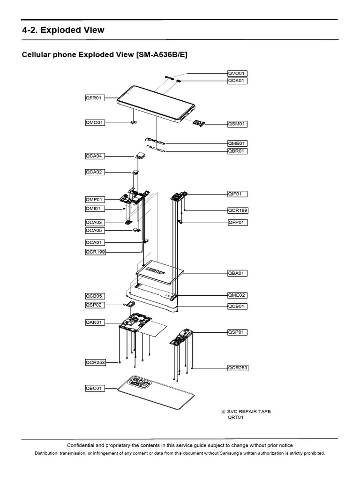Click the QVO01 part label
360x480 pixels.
pyautogui.click(x=237, y=73)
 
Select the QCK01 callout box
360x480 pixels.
pyautogui.click(x=237, y=81)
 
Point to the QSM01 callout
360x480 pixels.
pyautogui.click(x=237, y=124)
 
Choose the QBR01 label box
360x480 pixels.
pyautogui.click(x=237, y=151)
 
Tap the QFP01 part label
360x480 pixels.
pyautogui.click(x=237, y=222)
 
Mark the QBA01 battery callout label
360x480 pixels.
pyautogui.click(x=237, y=273)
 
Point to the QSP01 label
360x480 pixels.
pyautogui.click(x=237, y=332)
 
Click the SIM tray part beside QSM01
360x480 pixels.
pyautogui.click(x=199, y=123)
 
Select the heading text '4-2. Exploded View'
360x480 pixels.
pyautogui.click(x=63, y=30)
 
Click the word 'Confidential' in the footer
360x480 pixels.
pyautogui.click(x=82, y=445)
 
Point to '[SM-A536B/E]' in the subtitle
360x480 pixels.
pyautogui.click(x=162, y=55)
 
